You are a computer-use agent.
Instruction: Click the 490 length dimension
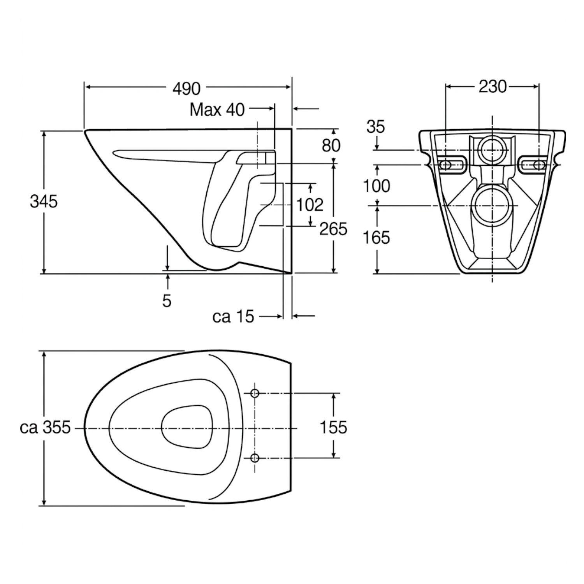tap(186, 89)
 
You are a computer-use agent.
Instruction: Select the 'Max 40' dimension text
tap(217, 110)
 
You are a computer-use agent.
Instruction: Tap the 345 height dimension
tap(44, 202)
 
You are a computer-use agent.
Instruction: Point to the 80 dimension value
tap(331, 145)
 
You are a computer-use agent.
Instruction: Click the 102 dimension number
tap(310, 205)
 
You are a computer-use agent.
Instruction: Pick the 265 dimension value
tap(333, 229)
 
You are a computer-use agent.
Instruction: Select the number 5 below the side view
tap(167, 301)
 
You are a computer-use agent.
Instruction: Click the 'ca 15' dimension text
tap(233, 317)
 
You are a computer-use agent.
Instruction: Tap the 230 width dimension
tap(493, 86)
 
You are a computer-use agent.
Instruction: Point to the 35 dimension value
tap(375, 127)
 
